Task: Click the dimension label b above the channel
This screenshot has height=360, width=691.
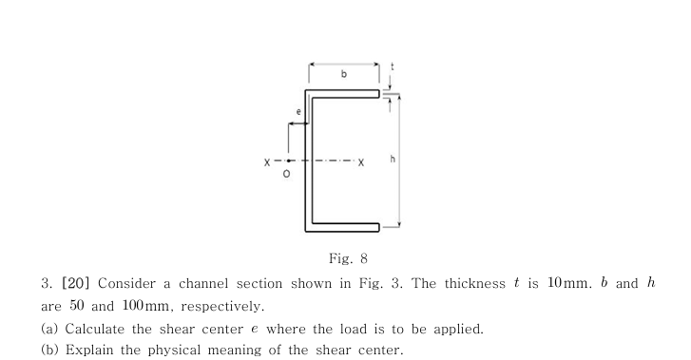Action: click(x=344, y=72)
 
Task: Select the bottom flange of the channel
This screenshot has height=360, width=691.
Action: click(x=344, y=226)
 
